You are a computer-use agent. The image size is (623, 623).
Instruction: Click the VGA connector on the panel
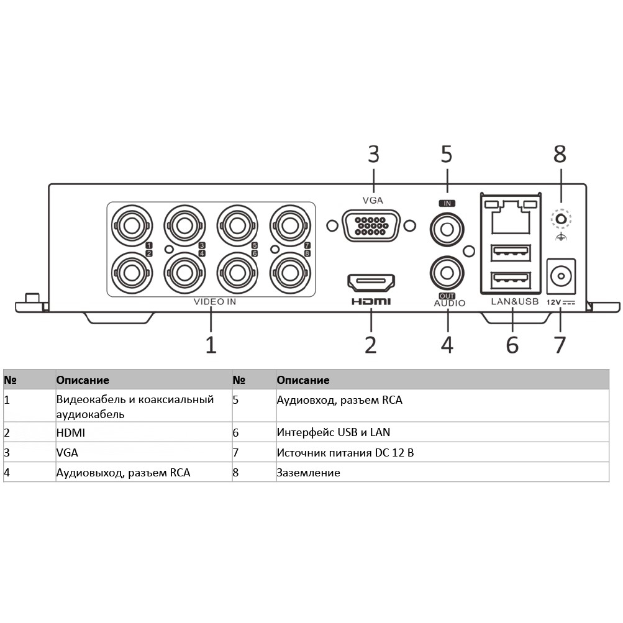point(371,225)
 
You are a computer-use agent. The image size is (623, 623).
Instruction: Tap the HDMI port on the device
point(371,283)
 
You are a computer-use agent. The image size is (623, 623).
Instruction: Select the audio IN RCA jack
point(447,229)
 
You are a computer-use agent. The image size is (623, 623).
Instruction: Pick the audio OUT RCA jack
point(447,273)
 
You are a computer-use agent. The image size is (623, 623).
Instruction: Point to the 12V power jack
point(561,276)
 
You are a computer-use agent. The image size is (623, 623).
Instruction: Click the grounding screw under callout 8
point(561,219)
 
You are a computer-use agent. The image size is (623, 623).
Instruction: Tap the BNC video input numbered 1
point(132,225)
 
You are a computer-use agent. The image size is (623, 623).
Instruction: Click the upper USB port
point(511,253)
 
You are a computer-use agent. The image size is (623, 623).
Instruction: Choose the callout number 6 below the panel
point(512,345)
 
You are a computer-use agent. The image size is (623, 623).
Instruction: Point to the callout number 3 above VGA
point(373,154)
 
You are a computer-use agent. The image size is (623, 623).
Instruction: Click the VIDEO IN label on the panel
point(214,302)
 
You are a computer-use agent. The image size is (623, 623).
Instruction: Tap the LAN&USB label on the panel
point(514,301)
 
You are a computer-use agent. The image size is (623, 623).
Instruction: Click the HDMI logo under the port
point(371,302)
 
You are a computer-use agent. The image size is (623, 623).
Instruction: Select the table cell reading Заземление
point(308,473)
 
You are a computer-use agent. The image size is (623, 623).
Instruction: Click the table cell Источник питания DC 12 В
point(345,453)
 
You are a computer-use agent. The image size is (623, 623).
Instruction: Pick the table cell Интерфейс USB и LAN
point(334,432)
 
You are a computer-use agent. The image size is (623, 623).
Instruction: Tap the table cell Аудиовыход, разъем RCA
point(123,473)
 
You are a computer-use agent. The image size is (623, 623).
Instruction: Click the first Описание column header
point(83,380)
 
